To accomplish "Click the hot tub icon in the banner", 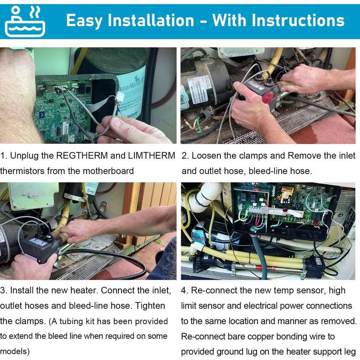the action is coord(25,22).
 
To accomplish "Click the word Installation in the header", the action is coord(151,21).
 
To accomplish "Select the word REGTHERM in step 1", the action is coord(82,156).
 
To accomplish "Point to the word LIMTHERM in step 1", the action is coord(152,156).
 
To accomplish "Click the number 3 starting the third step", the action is coord(3,291).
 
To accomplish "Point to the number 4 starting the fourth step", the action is coord(184,291).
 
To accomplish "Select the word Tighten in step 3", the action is coord(150,306).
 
